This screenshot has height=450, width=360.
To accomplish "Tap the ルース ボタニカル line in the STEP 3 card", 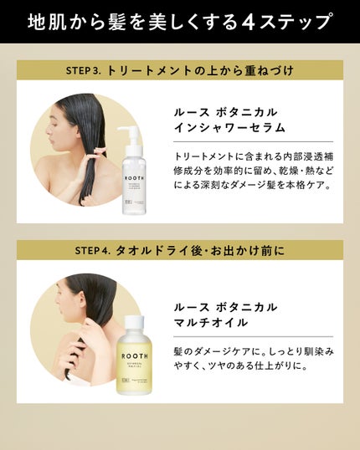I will (225, 110).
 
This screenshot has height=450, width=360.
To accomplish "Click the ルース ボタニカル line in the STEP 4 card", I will (225, 306).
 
